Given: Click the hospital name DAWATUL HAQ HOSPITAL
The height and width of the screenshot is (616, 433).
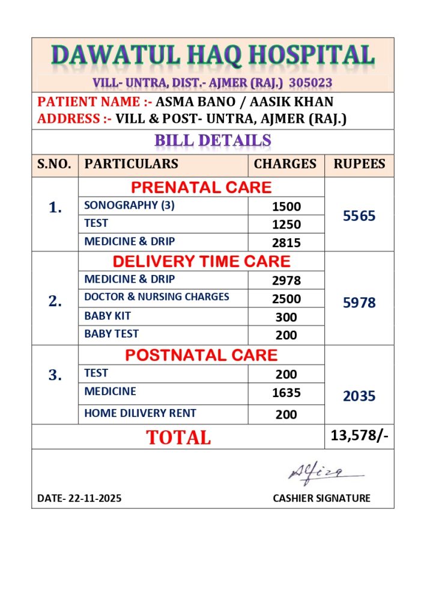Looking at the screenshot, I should coord(213,55).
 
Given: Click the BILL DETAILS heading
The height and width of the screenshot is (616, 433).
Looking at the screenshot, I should coord(213,141).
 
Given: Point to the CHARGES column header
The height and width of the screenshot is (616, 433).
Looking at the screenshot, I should coord(285,164).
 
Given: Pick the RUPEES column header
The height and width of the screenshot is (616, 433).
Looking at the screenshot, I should coord(360,164).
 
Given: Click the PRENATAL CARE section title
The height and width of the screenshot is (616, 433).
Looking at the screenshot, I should coord(201,187).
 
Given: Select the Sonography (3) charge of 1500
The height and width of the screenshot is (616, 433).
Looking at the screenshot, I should coord(286,206).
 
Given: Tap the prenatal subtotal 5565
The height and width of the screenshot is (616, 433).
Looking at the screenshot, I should coord(359,216).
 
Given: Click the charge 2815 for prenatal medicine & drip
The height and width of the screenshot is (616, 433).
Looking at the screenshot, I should coord(286,242).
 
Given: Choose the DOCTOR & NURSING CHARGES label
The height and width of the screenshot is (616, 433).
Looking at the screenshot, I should coord(157,297).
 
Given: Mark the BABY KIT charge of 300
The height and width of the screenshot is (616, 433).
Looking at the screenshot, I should coord(286,317).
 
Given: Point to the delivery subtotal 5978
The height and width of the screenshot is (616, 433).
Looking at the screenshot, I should coord(359,303).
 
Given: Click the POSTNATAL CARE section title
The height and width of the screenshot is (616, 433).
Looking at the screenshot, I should coord(201,355).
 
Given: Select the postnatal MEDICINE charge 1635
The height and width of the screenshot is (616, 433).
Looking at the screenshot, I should coord(286,393).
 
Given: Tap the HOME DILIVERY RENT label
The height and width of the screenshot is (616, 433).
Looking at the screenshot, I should coord(140,413).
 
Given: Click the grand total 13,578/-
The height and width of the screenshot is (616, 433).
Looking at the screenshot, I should coord(359,436).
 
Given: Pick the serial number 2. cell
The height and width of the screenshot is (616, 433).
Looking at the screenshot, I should coord(55,301).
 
